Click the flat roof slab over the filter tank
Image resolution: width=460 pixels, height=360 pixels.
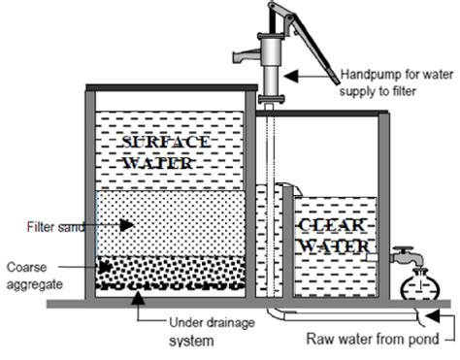tap(171, 90)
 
